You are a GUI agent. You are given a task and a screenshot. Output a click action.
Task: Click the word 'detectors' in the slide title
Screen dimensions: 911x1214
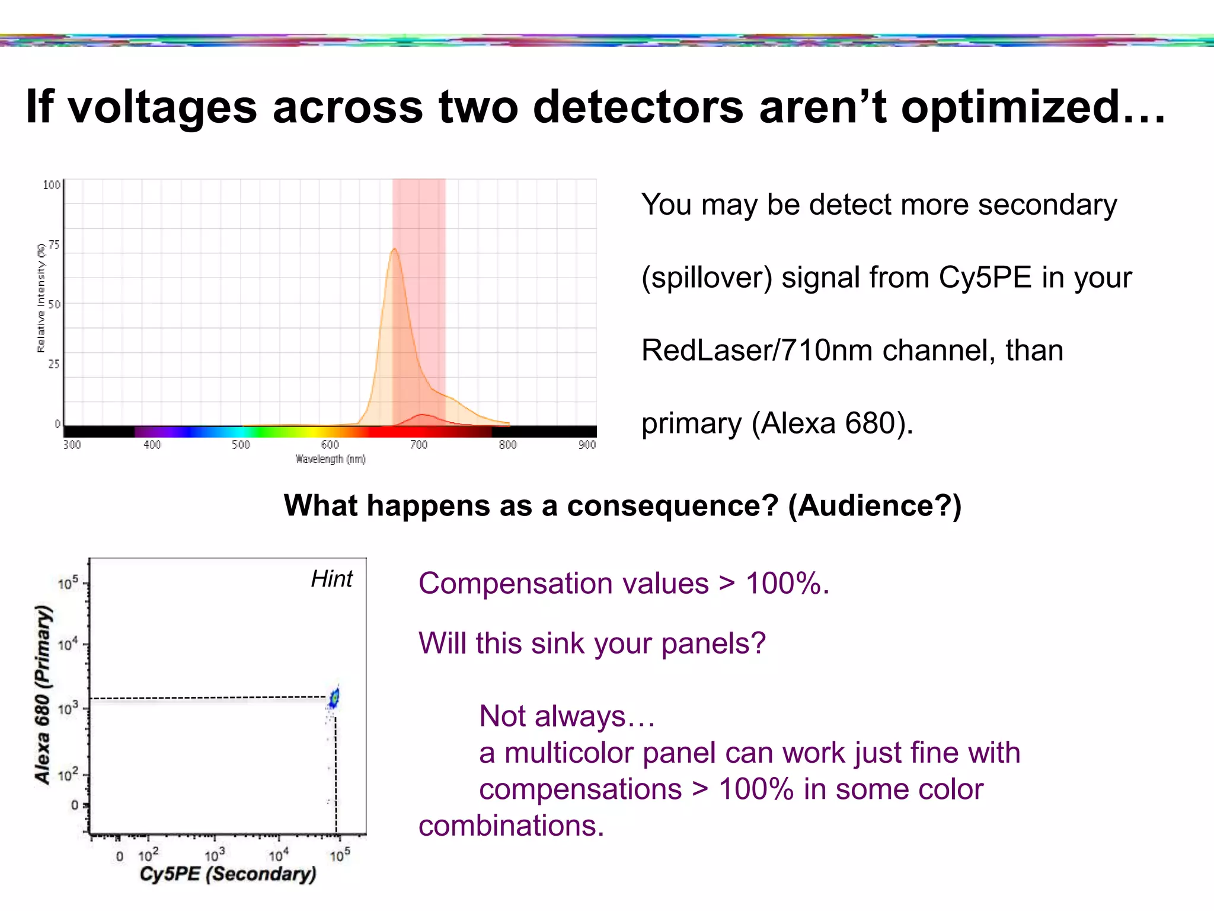pos(638,107)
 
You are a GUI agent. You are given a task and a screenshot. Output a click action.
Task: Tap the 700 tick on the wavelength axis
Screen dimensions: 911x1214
pos(418,445)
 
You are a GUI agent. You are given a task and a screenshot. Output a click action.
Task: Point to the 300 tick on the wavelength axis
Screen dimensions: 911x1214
pos(72,445)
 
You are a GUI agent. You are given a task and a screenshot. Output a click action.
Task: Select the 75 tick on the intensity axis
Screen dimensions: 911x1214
pos(54,245)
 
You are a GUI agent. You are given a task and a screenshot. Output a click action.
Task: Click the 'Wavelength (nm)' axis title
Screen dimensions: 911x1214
pos(330,459)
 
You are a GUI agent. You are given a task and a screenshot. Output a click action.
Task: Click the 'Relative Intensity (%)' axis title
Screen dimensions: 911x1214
pos(41,298)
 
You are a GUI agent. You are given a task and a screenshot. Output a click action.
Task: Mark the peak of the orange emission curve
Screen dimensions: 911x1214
pos(394,249)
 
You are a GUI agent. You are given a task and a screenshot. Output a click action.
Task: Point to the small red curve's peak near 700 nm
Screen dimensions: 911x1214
pos(421,415)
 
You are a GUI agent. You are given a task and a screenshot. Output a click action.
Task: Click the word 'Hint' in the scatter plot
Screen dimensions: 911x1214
pos(331,579)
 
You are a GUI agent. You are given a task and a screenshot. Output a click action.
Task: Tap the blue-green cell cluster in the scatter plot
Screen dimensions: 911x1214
pos(335,697)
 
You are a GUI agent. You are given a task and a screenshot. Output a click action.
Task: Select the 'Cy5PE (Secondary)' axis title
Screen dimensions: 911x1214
pos(228,874)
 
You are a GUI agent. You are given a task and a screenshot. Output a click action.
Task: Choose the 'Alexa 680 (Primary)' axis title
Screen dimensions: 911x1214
pos(43,694)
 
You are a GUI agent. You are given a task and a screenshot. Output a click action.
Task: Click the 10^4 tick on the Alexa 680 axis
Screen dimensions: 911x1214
pos(68,644)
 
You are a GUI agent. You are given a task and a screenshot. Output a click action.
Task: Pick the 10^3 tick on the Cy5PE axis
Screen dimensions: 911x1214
pos(215,855)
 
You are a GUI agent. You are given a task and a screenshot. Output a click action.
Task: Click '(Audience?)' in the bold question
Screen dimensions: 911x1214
pos(874,506)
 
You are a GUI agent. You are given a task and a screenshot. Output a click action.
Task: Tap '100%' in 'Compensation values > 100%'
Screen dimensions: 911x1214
pos(786,584)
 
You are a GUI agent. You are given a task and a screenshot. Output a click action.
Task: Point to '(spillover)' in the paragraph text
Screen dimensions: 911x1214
pos(707,278)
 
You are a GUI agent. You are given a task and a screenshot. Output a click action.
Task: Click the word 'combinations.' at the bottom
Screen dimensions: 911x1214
pos(511,826)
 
